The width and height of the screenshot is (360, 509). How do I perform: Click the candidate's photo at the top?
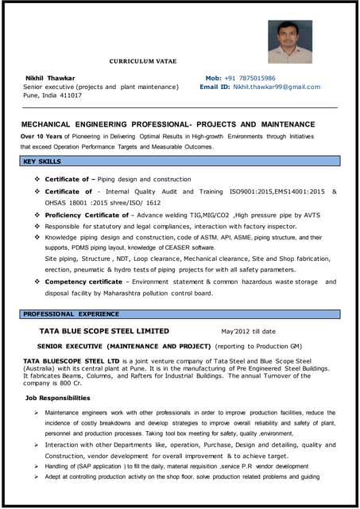click(289, 41)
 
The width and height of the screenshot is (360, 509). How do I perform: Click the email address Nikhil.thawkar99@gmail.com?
click(271, 87)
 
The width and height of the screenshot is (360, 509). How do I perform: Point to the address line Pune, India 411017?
click(52, 95)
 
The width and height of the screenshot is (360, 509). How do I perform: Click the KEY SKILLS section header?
click(43, 161)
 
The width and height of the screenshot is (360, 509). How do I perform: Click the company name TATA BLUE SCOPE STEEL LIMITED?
click(104, 331)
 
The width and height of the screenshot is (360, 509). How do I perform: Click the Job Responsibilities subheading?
click(57, 397)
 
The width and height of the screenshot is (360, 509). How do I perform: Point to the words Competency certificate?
click(83, 282)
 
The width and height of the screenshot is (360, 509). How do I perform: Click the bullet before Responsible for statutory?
click(37, 226)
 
